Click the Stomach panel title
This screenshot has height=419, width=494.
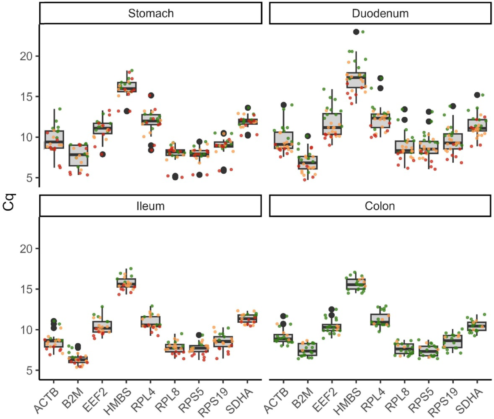point(151,13)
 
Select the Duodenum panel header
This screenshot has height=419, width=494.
point(380,13)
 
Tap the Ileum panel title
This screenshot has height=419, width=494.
point(151,206)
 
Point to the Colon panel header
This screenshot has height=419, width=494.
point(380,206)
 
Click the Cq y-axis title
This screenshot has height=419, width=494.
point(9,203)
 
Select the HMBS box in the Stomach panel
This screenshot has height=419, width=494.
point(127,87)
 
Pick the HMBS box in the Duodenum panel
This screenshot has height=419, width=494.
point(356,80)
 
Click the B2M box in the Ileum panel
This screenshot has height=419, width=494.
point(78,359)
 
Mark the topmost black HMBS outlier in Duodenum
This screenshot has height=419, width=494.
point(357,32)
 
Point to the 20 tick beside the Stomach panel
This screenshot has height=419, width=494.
point(27,56)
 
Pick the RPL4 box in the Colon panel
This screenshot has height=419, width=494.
point(380,320)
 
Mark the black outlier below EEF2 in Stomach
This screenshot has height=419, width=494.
point(103,154)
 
